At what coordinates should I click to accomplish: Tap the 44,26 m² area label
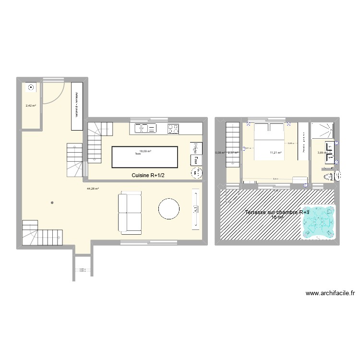pos(93,189)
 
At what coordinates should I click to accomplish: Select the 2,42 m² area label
pos(31,106)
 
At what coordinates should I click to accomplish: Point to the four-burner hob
pos(173,128)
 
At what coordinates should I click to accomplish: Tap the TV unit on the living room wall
pos(196,209)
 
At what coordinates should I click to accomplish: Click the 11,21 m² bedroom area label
pos(276,153)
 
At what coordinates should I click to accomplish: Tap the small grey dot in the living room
pos(52,203)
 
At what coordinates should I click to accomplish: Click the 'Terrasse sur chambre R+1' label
pos(277,212)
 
